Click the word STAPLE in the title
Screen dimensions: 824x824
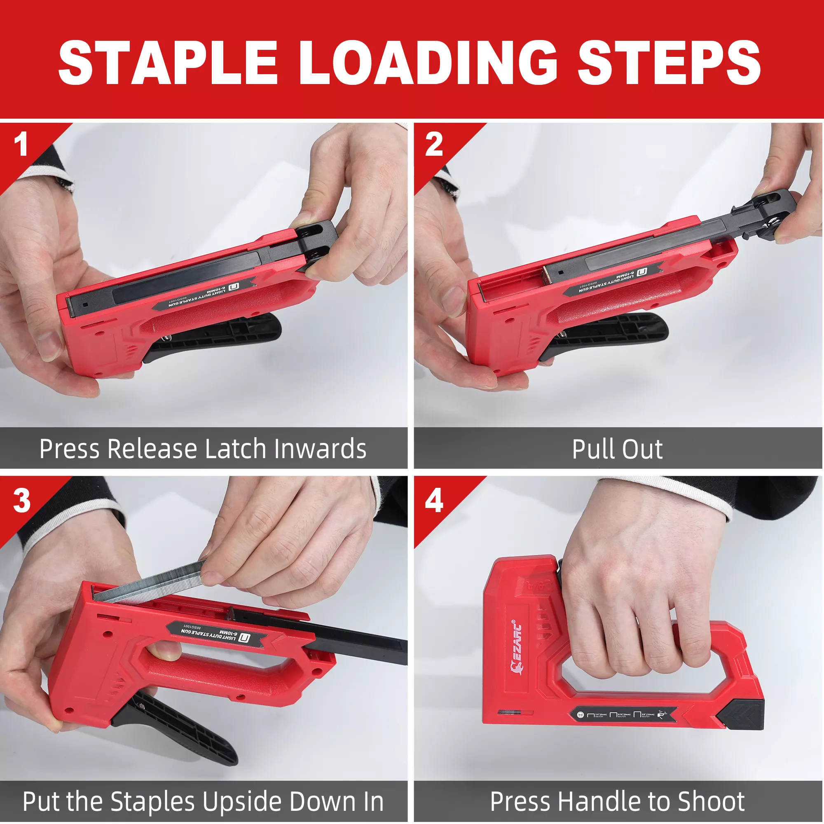click(169, 63)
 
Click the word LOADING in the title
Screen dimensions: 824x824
click(428, 63)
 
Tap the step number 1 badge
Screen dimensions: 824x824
click(21, 144)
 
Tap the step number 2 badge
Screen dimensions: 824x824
click(434, 144)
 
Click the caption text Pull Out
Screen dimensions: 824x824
click(617, 449)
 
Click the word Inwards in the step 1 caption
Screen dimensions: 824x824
click(320, 449)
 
